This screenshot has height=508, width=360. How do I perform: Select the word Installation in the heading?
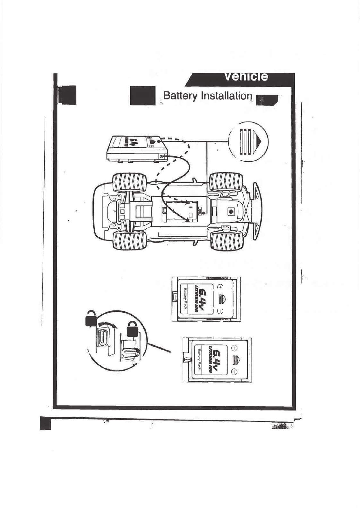click(x=227, y=96)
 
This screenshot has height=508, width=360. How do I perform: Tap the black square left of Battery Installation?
click(x=142, y=96)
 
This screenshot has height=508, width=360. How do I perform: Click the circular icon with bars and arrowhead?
click(x=248, y=141)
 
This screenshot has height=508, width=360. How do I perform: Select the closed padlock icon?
click(x=133, y=329)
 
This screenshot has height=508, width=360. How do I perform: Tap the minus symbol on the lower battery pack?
click(x=234, y=372)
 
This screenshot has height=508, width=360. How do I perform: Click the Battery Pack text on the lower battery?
click(x=199, y=359)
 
